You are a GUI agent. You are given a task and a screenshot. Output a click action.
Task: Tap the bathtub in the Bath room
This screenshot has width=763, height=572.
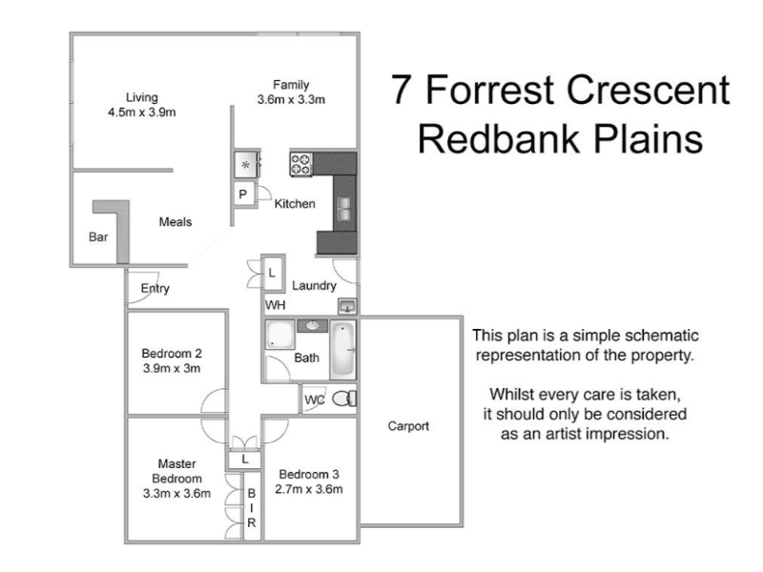342,351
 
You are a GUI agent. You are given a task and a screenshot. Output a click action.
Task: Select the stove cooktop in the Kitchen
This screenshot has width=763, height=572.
302,164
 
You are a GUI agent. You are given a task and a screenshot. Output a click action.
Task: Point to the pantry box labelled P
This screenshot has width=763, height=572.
242,195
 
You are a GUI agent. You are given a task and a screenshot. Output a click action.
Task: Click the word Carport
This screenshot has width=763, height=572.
408,426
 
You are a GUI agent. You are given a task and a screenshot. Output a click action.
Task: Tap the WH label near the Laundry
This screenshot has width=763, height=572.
276,305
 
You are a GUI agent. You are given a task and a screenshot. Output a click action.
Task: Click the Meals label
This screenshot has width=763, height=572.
175,222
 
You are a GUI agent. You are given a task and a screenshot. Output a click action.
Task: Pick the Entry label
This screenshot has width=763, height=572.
155,289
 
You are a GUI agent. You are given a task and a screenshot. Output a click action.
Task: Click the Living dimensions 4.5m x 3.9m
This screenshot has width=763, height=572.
142,112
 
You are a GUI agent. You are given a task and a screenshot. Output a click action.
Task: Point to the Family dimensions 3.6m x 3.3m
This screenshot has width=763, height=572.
291,99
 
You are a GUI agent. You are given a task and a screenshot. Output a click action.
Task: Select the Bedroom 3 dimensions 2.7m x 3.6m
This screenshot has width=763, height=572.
308,489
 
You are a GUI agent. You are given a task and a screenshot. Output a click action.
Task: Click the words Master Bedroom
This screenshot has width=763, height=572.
178,470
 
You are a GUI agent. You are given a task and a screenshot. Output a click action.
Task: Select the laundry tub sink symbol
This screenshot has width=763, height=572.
347,305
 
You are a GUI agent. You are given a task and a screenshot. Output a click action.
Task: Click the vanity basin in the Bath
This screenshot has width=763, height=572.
312,327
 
